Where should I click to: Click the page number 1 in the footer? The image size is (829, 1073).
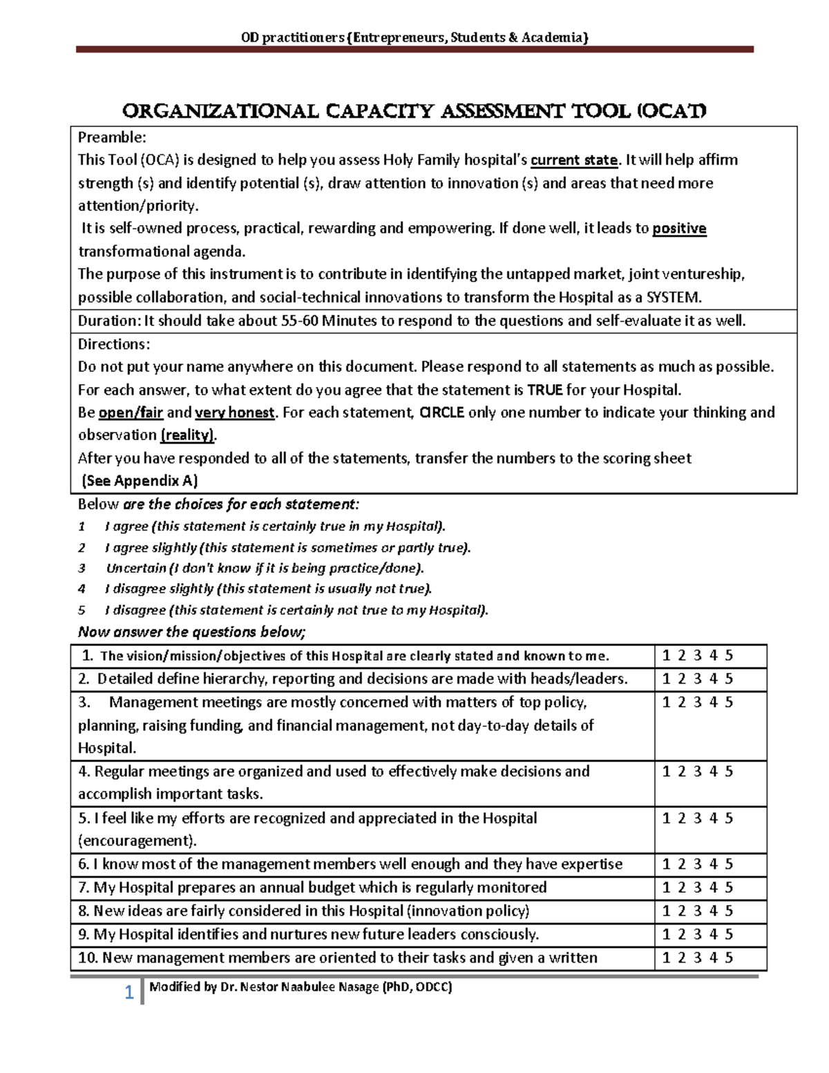coord(128,994)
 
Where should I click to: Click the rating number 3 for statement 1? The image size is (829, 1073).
coord(698,656)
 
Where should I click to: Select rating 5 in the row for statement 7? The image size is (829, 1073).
coord(730,887)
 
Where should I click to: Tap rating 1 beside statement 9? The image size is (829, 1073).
coord(666,934)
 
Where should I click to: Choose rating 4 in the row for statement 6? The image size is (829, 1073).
coord(714,864)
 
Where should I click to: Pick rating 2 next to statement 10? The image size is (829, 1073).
coord(681,958)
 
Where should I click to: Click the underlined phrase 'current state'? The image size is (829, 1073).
coord(573,160)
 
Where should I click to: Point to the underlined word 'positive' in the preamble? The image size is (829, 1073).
coord(679,229)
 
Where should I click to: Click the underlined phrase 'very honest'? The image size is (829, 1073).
coord(235,412)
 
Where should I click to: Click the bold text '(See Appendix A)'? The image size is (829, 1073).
coord(140,481)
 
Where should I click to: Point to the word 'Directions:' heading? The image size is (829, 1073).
coord(114,344)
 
